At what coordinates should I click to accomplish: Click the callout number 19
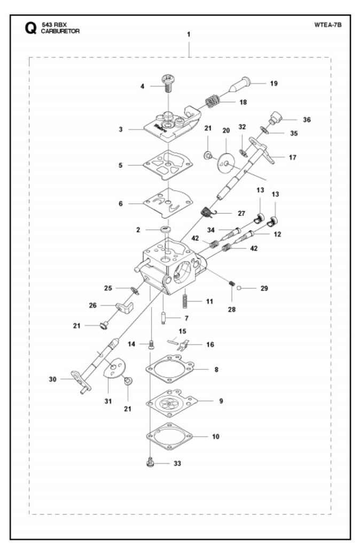point(274,83)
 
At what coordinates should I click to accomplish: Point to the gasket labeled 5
point(168,165)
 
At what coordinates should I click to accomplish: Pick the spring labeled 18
point(212,101)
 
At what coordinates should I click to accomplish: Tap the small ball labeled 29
point(239,288)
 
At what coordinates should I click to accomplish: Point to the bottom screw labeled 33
point(150,463)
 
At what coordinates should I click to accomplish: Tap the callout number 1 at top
point(189,34)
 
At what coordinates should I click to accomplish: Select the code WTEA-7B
point(327,25)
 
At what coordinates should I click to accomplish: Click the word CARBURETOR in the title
point(60,31)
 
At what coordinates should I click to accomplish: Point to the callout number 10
point(216,436)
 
